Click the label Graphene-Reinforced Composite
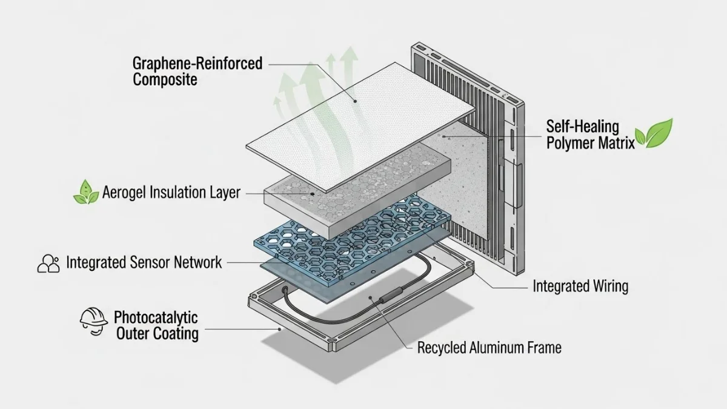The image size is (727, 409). (x=198, y=71)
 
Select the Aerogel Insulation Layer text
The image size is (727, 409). (x=171, y=193)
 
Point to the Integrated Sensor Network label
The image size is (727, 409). (x=144, y=262)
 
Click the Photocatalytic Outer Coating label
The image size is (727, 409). (x=156, y=325)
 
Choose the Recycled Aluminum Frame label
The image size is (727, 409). (x=490, y=348)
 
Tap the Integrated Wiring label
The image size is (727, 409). (x=580, y=286)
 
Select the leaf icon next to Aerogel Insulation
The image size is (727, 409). (x=85, y=193)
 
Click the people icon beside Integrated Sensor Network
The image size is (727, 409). (x=48, y=264)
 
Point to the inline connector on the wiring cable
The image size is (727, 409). (x=387, y=300)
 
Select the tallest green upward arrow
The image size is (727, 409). (x=348, y=70)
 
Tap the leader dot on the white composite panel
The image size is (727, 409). (x=356, y=101)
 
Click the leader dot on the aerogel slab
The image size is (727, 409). (x=311, y=193)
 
